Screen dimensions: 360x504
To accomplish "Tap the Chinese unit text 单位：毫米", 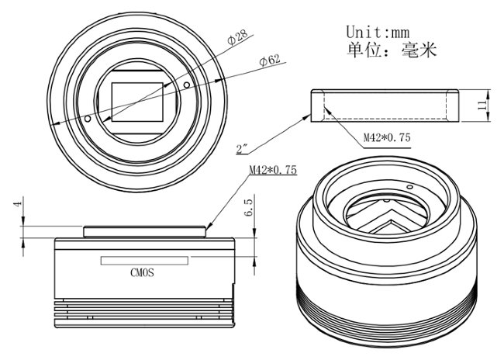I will pyautogui.click(x=392, y=51).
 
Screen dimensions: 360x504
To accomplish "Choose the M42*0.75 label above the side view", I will pyautogui.click(x=273, y=170).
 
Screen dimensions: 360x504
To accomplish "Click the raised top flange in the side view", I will pyautogui.click(x=145, y=230).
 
